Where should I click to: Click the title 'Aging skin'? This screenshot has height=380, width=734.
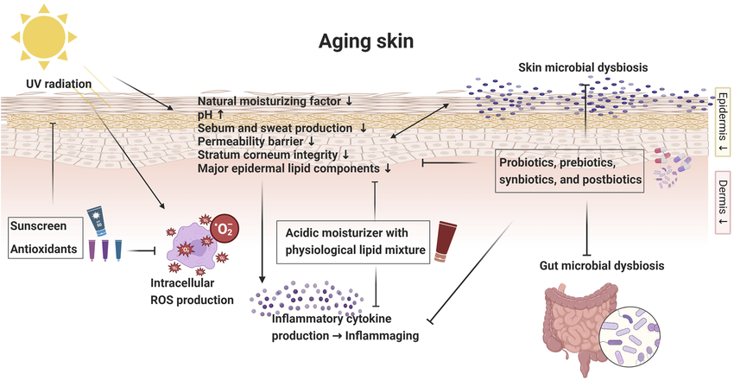point(367,41)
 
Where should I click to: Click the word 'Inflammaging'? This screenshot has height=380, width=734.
point(384,335)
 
